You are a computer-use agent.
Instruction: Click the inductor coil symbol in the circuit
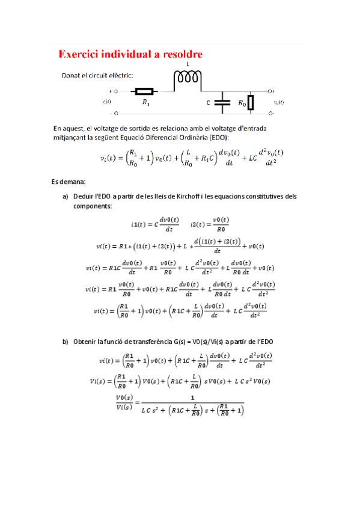[x=188, y=77]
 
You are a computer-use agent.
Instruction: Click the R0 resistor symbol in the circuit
[x=251, y=103]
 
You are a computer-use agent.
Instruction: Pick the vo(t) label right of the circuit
[x=279, y=102]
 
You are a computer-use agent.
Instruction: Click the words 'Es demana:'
[x=69, y=181]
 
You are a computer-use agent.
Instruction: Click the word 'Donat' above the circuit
[x=72, y=76]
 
